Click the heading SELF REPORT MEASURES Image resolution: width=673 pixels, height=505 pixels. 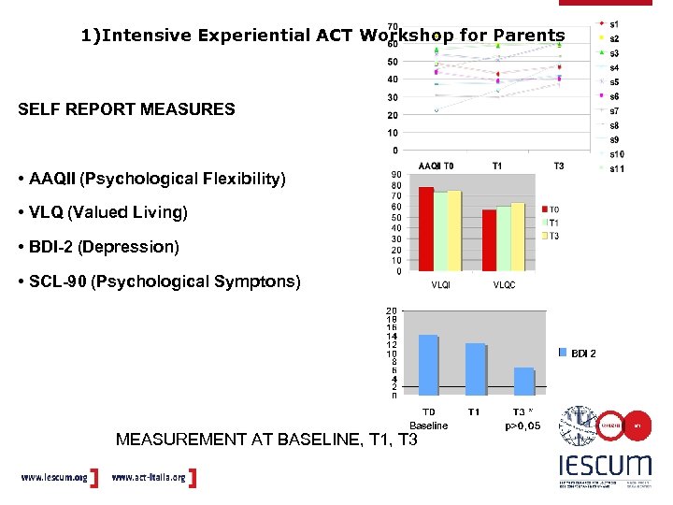pos(126,109)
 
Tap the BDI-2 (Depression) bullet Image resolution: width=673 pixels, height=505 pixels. pos(103,247)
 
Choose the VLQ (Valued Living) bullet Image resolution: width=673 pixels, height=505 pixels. pos(107,212)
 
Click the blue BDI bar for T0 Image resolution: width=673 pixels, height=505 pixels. pos(428,365)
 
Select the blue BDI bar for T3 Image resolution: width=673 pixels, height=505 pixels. pos(524,382)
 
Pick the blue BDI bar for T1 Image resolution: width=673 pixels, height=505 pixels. pos(475,369)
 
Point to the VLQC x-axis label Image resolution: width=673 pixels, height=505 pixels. pos(504,284)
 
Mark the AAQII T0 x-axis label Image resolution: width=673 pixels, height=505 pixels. pos(437,166)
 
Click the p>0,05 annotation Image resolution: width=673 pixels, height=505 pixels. pos(523,426)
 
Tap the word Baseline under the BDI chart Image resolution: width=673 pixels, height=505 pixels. pos(429,426)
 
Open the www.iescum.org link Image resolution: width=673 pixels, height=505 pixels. pos(53,478)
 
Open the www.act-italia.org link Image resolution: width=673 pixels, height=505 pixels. pos(148,478)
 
